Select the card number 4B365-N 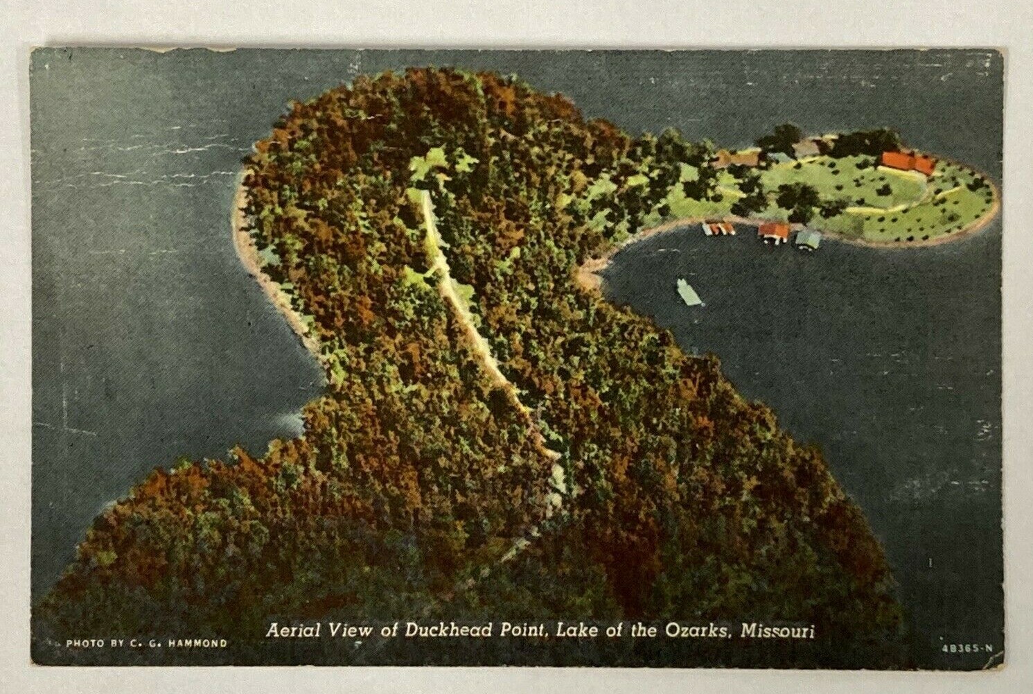967,649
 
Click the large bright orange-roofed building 906,163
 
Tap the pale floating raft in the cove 689,291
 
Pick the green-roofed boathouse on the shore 808,240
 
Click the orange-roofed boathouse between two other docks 773,232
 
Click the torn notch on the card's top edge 187,49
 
